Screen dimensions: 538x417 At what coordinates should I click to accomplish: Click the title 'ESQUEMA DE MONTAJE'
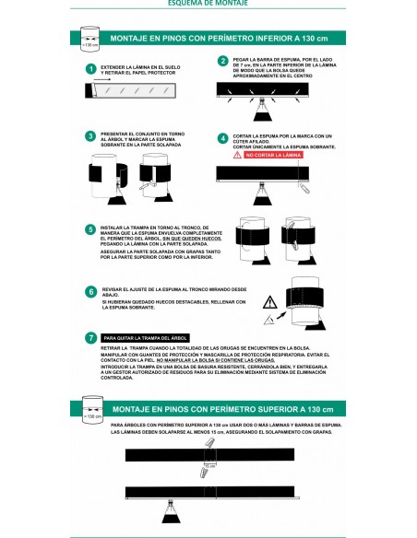pos(208,4)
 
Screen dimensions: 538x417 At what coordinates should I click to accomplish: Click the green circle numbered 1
pos(90,69)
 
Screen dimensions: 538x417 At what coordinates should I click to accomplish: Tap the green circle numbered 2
pos(222,62)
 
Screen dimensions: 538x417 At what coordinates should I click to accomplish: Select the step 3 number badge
pos(90,136)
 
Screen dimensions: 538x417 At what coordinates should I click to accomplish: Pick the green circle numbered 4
pos(222,138)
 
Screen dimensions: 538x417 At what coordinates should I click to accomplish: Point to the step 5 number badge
pos(90,228)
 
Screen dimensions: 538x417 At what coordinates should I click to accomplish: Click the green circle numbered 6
pos(90,291)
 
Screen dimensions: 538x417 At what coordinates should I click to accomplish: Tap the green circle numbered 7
pos(90,338)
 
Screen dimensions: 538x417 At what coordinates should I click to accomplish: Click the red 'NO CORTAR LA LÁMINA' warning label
pos(271,157)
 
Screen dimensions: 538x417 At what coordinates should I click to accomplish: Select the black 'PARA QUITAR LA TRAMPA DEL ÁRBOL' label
pos(149,338)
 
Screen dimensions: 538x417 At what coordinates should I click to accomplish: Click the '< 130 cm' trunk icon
pos(89,41)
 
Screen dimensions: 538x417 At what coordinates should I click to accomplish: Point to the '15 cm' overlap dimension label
pos(210,466)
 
